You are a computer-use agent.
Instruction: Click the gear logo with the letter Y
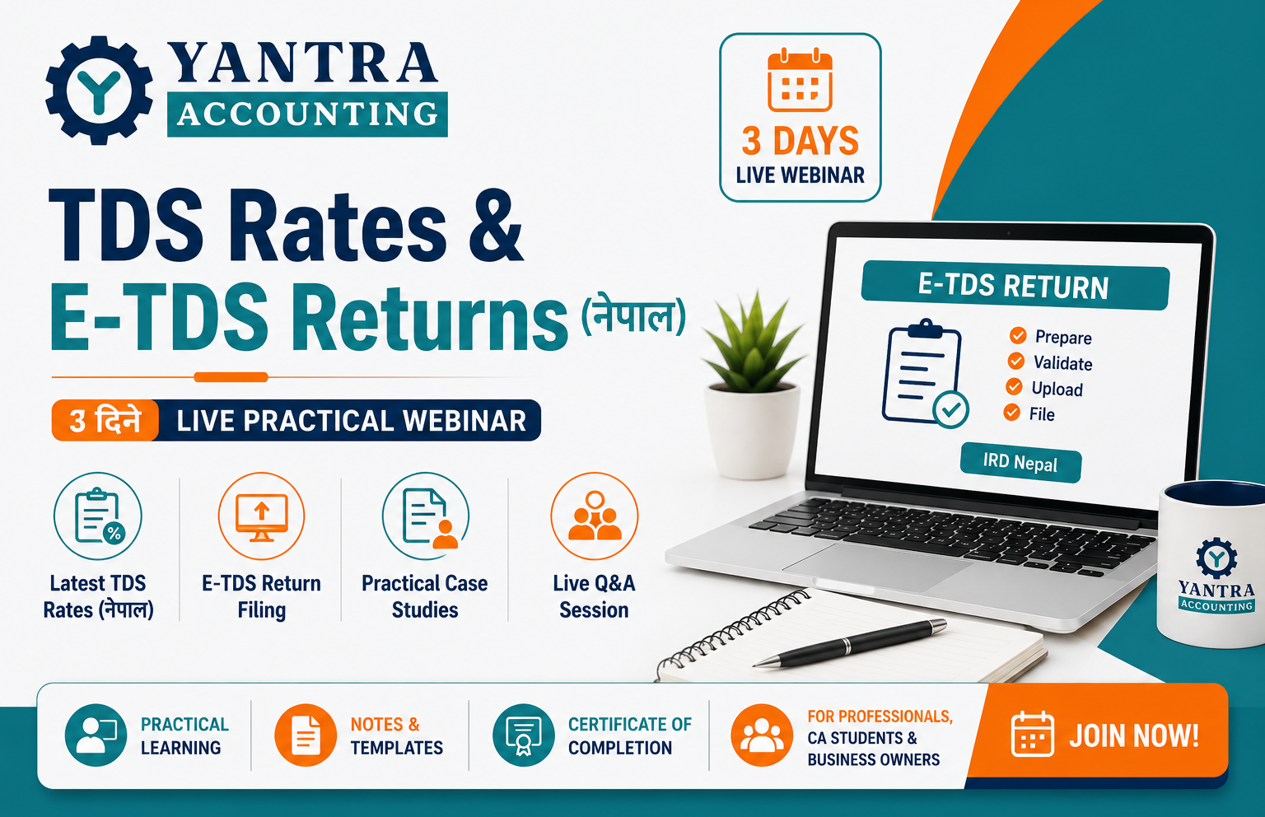[99, 91]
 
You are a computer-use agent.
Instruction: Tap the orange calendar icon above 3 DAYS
[800, 80]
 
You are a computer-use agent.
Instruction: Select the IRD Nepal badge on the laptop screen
[1020, 462]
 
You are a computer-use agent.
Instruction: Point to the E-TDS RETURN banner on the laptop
[1015, 285]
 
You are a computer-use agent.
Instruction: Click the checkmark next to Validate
[1016, 361]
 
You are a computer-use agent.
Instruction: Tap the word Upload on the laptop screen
[1057, 389]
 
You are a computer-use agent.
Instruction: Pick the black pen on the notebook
[851, 643]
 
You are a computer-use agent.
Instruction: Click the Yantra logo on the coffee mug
[1216, 576]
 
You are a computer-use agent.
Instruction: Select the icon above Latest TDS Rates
[98, 516]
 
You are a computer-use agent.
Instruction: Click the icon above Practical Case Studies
[426, 516]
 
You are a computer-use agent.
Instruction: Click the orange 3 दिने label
[105, 421]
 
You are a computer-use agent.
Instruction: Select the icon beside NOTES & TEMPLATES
[306, 735]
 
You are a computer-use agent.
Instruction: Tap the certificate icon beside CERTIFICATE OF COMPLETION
[524, 735]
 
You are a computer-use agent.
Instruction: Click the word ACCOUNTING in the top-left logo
[308, 114]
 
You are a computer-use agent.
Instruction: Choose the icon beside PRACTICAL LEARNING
[96, 735]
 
